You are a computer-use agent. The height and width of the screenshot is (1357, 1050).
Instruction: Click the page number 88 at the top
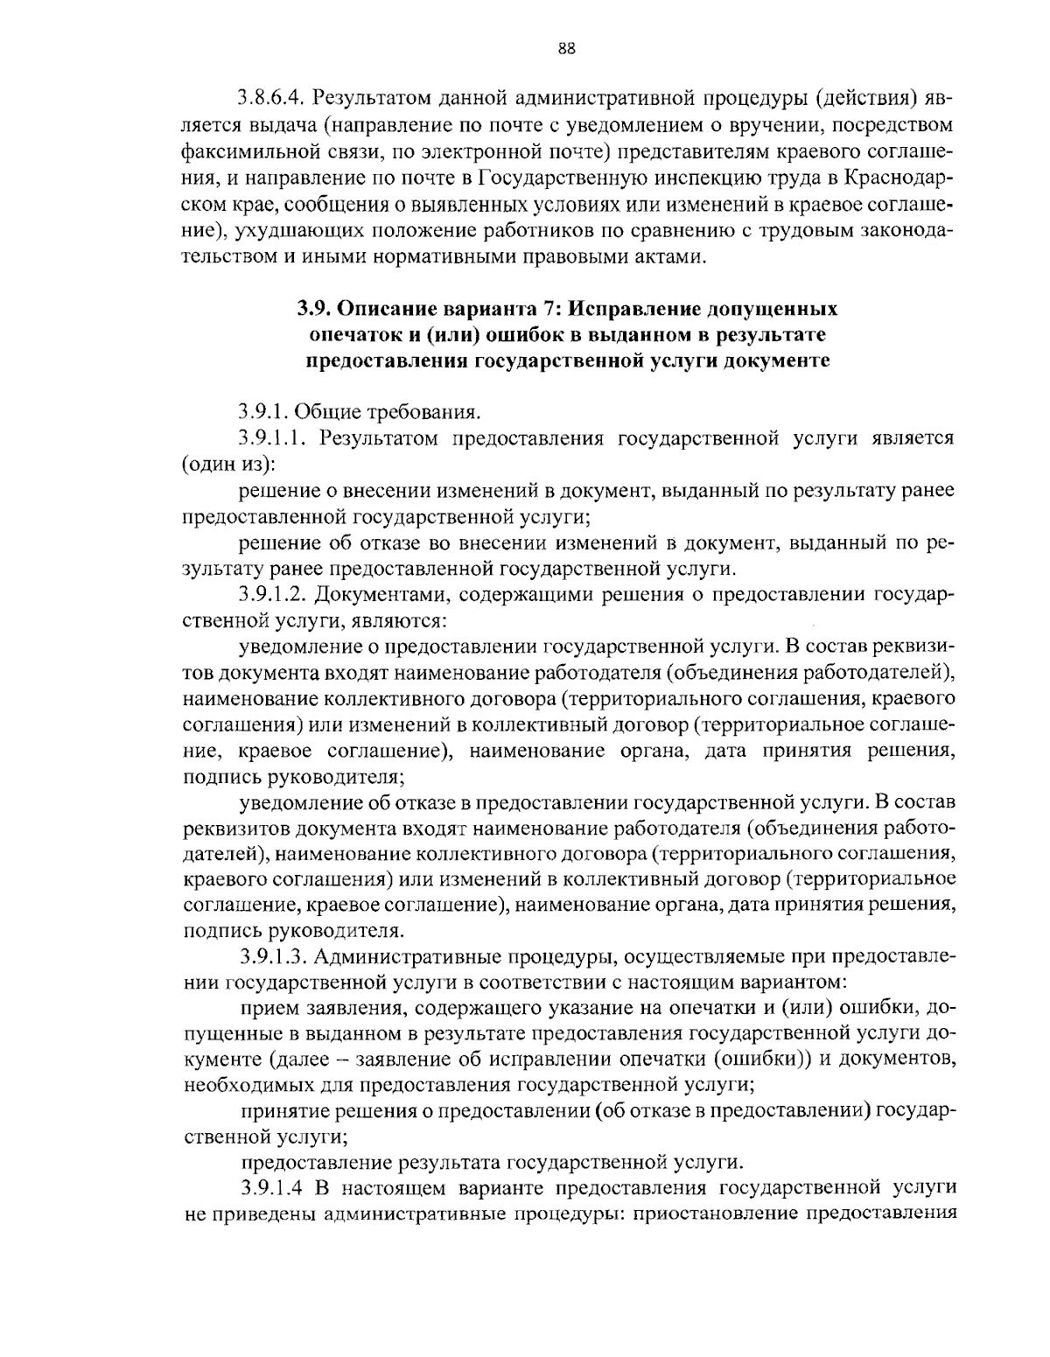[x=566, y=49]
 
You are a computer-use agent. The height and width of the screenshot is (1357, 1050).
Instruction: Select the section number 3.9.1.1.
[x=276, y=437]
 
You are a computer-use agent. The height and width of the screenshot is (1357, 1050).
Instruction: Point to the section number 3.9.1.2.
[x=276, y=595]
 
